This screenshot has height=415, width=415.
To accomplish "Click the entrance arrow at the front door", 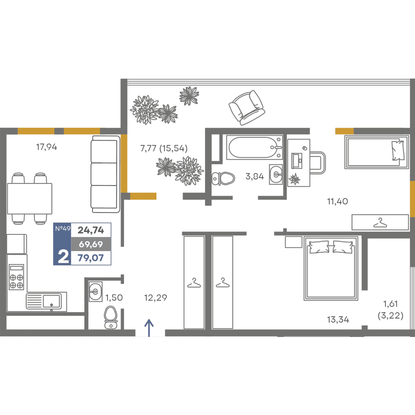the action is pyautogui.click(x=149, y=328).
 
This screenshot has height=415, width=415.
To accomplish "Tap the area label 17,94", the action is pyautogui.click(x=46, y=147).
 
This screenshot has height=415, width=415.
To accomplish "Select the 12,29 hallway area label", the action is pyautogui.click(x=156, y=298).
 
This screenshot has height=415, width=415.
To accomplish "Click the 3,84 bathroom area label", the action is pyautogui.click(x=255, y=176).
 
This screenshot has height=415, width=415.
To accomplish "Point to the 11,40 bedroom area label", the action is pyautogui.click(x=337, y=201).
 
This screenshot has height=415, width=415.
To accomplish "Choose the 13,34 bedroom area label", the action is pyautogui.click(x=338, y=320).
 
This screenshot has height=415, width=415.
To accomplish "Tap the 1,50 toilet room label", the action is pyautogui.click(x=114, y=298).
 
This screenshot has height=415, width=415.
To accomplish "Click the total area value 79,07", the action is pyautogui.click(x=91, y=258).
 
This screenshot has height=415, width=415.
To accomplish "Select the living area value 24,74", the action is pyautogui.click(x=91, y=230).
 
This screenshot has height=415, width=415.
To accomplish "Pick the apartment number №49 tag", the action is pyautogui.click(x=63, y=228).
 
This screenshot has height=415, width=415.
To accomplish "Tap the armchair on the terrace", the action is pyautogui.click(x=247, y=107).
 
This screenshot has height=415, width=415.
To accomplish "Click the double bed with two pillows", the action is pyautogui.click(x=331, y=269).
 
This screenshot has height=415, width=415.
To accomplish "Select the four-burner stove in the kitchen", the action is pyautogui.click(x=17, y=276).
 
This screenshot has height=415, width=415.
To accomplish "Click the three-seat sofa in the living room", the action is pyautogui.click(x=105, y=174).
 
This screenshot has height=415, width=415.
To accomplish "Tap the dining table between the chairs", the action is pyautogui.click(x=29, y=198).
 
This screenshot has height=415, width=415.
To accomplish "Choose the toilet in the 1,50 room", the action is pyautogui.click(x=111, y=317).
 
